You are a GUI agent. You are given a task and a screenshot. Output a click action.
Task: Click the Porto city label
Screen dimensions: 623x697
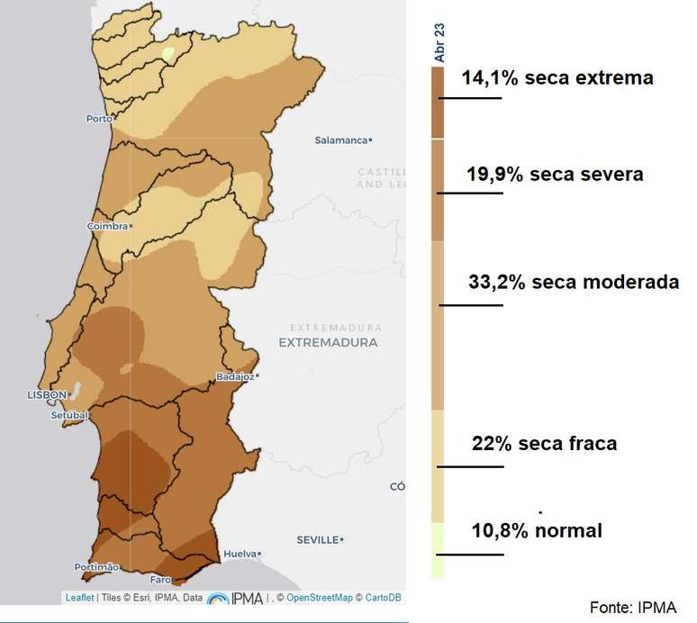tap(97, 119)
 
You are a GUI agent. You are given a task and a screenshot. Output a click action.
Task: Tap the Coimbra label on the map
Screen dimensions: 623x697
tap(106, 226)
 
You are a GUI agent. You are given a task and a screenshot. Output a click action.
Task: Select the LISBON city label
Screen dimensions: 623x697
tap(47, 394)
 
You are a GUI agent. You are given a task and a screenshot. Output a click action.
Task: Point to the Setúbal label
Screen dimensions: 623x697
tap(69, 415)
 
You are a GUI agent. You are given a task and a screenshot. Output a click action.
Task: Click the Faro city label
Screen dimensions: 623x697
tap(160, 579)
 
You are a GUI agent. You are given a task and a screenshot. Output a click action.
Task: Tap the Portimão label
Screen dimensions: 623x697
tap(95, 567)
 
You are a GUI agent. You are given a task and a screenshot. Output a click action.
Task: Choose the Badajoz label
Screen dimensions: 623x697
tap(235, 376)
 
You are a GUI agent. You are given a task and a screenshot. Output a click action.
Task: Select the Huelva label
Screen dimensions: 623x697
tap(239, 554)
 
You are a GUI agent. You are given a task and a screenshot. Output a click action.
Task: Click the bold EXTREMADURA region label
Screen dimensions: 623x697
tap(328, 343)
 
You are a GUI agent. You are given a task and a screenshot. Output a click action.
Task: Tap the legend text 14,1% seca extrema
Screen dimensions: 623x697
tap(557, 78)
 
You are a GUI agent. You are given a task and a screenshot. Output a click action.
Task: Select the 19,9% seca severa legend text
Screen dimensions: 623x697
tap(555, 175)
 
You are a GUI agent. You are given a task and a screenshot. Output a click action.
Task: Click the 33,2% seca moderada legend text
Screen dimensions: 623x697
tap(574, 282)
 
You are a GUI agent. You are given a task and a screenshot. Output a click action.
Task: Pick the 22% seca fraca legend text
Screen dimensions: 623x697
tap(544, 444)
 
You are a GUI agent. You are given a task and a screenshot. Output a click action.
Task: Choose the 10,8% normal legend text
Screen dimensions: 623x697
tap(537, 530)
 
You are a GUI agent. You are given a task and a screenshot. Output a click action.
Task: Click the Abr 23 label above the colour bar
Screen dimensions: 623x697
tap(439, 43)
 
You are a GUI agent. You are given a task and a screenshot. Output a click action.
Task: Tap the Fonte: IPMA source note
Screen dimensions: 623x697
tap(632, 607)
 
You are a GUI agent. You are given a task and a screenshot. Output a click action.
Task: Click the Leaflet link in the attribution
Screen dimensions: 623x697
tap(79, 598)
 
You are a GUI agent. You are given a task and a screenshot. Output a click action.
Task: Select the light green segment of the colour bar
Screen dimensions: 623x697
tap(438, 549)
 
